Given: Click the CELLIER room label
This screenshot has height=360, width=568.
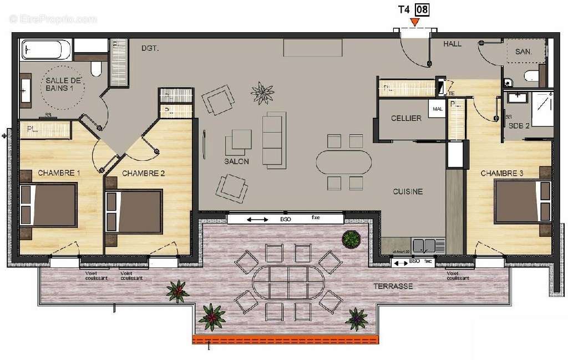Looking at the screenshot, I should pos(406,118).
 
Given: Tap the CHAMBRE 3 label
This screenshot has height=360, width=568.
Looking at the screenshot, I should pos(502,173).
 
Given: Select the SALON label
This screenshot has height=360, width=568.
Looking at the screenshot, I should pos(236,161).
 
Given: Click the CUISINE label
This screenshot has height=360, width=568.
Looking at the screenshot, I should pos(408,191).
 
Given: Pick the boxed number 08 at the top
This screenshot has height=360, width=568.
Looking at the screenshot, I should pos(422,9).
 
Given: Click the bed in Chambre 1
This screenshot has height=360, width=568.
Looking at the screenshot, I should pos(48,205).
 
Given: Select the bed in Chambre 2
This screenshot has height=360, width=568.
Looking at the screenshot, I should pos(133,211).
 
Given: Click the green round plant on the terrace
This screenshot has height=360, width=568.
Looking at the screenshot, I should pos(351,239).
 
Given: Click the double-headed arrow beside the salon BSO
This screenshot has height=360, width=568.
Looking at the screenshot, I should pos(257,220).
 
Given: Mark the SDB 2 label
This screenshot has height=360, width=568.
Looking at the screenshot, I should pos(520,126).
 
